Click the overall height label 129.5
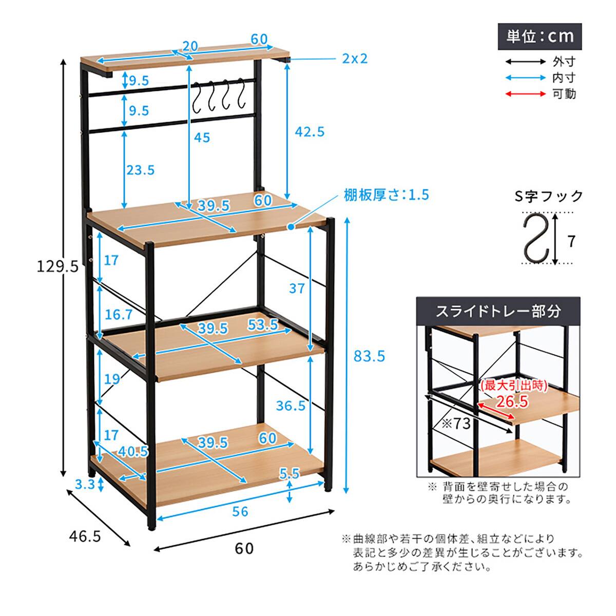click(x=57, y=266)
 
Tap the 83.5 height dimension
click(x=370, y=356)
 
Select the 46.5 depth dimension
click(x=85, y=536)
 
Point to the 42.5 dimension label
click(x=310, y=132)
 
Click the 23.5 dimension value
click(x=140, y=170)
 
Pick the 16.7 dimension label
click(x=119, y=315)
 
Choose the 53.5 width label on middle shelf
click(x=263, y=325)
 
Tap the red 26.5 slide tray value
click(x=512, y=402)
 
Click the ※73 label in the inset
click(x=456, y=423)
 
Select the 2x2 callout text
click(x=355, y=59)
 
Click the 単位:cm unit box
click(x=540, y=36)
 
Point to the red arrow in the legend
click(x=526, y=93)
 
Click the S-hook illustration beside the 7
click(x=536, y=238)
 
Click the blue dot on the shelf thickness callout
click(x=291, y=227)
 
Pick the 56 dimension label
click(x=240, y=511)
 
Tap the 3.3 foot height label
click(x=85, y=484)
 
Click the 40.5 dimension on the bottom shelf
click(x=133, y=451)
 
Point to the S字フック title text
click(x=549, y=196)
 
